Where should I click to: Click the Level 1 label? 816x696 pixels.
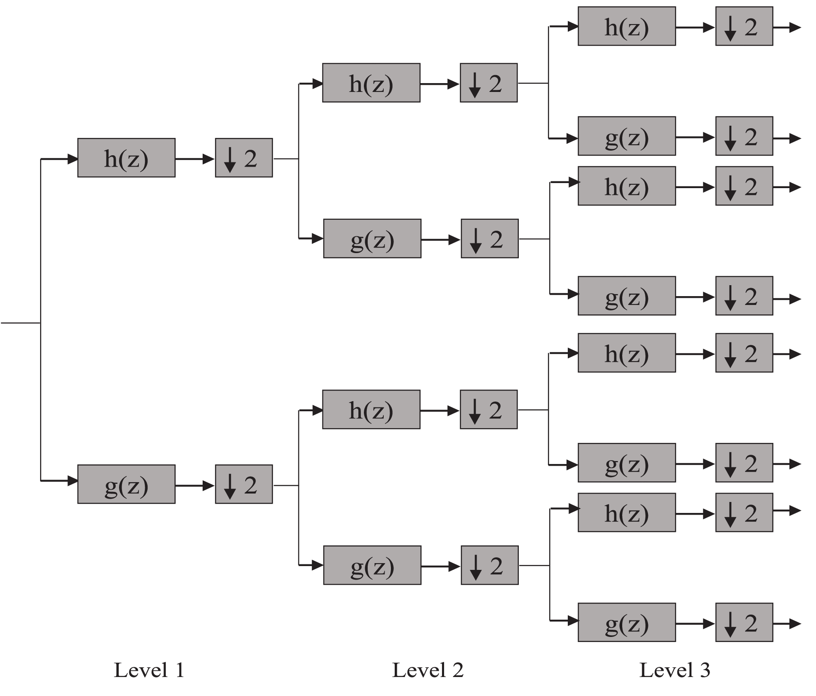[149, 670]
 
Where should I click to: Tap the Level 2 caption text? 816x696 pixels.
[428, 670]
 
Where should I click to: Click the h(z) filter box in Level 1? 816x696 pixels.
[126, 158]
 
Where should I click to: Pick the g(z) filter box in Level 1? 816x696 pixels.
[126, 484]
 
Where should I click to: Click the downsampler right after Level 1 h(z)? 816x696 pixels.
[244, 158]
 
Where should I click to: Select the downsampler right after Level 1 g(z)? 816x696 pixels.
[244, 484]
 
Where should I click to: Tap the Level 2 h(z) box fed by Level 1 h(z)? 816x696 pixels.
[371, 83]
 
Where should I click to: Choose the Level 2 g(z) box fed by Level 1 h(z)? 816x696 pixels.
[372, 238]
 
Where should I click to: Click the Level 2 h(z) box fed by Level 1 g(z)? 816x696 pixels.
[371, 410]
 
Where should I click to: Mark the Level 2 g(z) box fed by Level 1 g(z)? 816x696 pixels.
[372, 565]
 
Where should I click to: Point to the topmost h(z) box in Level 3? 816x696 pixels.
[626, 26]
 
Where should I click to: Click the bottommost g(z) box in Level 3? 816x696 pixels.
[626, 622]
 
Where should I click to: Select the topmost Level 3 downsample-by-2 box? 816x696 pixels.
[744, 26]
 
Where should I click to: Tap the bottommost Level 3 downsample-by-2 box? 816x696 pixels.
[744, 622]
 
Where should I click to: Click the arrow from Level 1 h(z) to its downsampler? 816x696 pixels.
[195, 159]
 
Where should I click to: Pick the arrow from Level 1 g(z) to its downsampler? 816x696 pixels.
[195, 486]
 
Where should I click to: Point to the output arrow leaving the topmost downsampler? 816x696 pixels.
[786, 27]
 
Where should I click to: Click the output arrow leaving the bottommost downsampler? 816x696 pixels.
[786, 623]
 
